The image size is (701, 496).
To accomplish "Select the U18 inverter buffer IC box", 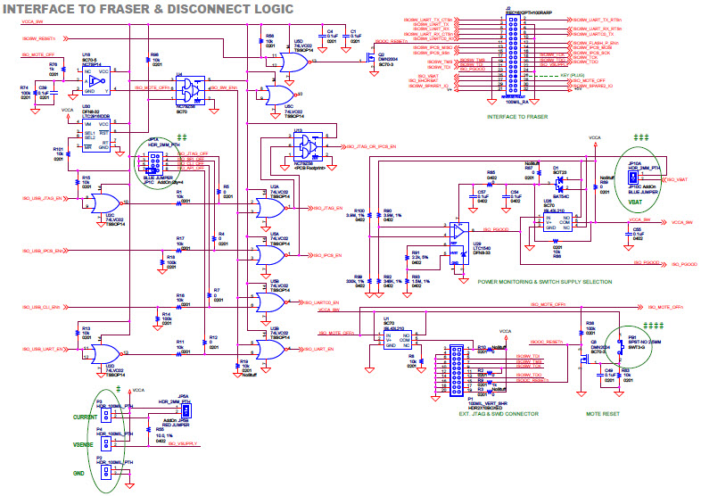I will [95, 82].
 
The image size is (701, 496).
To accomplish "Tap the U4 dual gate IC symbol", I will [190, 89].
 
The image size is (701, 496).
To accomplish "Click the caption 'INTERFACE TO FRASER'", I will [518, 117].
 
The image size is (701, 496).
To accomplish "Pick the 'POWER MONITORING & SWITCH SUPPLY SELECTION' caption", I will [544, 281].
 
